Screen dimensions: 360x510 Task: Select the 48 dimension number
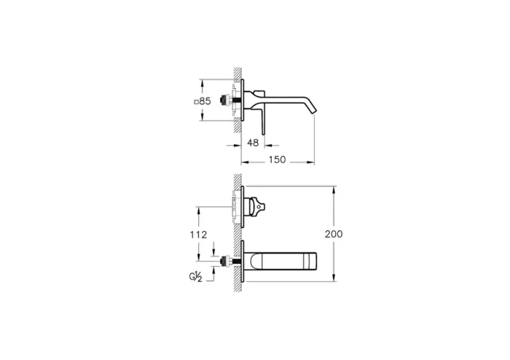point(254,144)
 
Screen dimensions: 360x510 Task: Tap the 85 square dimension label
point(203,101)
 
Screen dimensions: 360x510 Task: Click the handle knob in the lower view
point(259,207)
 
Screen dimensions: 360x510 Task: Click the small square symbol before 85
point(196,101)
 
